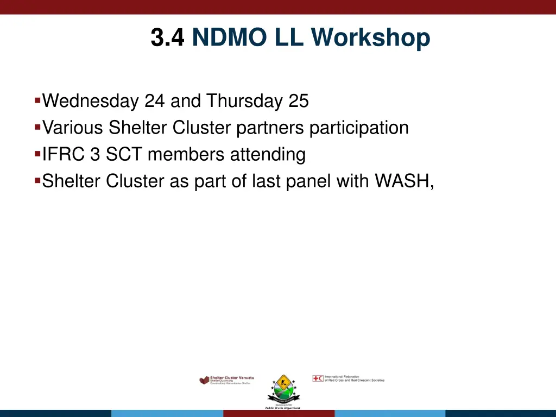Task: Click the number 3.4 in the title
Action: point(168,39)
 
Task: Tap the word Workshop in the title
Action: point(371,39)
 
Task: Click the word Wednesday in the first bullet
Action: point(91,102)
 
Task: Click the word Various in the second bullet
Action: point(73,128)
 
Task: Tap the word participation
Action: point(359,128)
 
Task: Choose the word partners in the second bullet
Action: point(270,128)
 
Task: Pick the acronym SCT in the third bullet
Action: point(124,155)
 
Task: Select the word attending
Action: point(268,155)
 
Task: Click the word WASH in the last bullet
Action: point(403,181)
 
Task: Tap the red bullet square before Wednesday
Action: point(37,100)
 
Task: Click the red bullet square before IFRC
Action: point(37,154)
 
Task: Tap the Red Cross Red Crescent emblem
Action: point(318,378)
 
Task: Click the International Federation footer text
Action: point(354,378)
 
